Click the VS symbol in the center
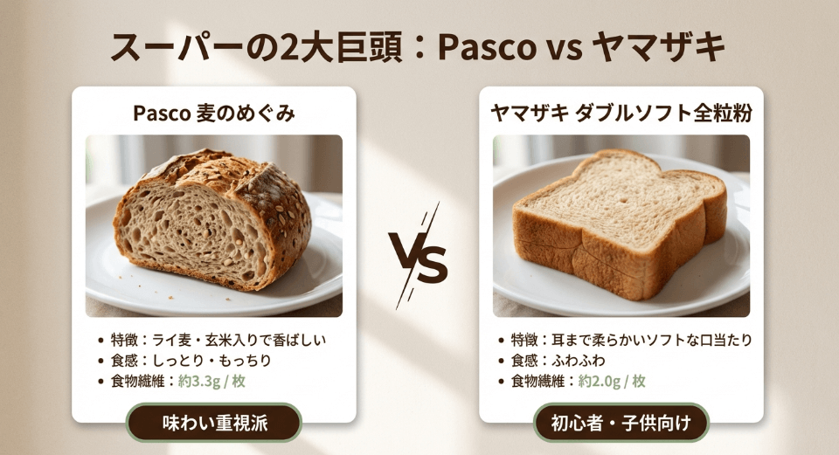[x=419, y=256]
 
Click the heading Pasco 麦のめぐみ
[x=213, y=114]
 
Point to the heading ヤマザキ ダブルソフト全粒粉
[x=621, y=114]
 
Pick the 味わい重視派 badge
[x=214, y=424]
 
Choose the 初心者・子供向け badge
[x=621, y=424]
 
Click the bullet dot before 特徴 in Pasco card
[x=105, y=340]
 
